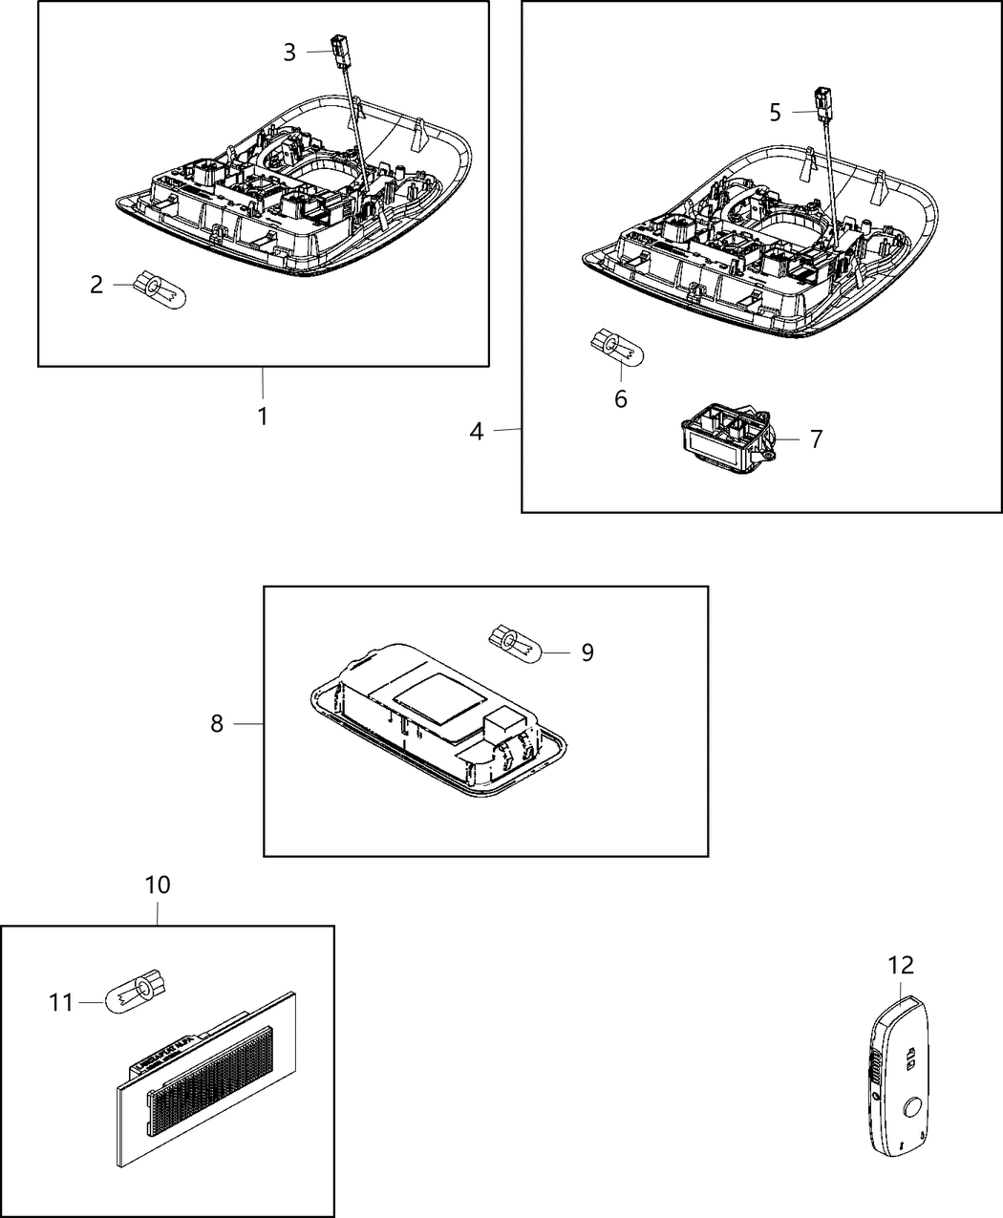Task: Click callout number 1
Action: [x=262, y=417]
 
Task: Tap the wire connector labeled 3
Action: [x=339, y=48]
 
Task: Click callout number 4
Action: [x=477, y=432]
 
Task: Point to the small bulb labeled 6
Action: [x=620, y=350]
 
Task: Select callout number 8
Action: [x=217, y=724]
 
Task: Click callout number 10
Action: [x=158, y=886]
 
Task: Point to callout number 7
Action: [x=815, y=439]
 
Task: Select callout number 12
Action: [x=901, y=965]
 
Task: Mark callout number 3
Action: [x=289, y=53]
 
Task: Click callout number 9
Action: [x=587, y=652]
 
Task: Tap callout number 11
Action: [x=61, y=1003]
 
